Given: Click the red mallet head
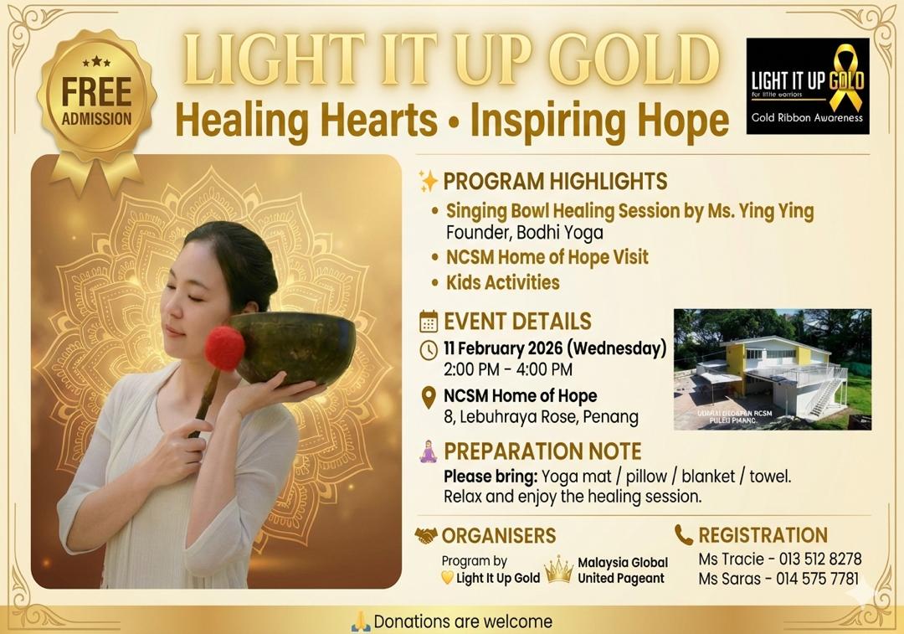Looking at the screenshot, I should pos(224,347).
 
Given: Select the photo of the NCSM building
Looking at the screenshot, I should pos(772,369).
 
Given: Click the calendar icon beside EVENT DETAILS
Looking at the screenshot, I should pos(429,322).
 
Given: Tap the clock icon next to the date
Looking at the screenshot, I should pos(429,349).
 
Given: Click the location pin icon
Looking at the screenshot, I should pos(429,397).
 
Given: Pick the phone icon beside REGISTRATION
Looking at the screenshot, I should pos(684,535).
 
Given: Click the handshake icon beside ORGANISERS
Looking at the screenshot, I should pos(426,535).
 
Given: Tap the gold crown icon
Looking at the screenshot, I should pos(558,570).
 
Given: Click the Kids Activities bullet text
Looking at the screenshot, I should pos(502,282).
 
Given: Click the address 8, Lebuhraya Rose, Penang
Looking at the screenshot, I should pos(541,416).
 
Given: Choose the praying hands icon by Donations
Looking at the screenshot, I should pos(360,621).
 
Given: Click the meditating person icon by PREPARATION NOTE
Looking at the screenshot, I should pos(429,452).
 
